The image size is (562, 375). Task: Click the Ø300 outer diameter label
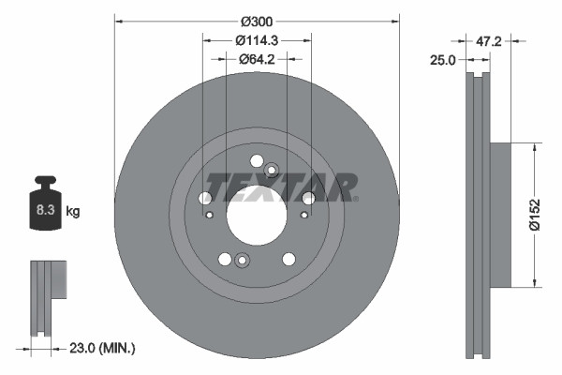tap(256, 21)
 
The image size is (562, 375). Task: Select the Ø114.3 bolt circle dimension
tap(256, 40)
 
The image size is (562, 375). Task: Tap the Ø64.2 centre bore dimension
tap(256, 59)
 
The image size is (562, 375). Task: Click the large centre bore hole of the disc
tap(256, 214)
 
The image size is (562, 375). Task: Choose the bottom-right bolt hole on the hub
tap(288, 259)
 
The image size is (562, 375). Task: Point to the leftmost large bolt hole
tap(205, 198)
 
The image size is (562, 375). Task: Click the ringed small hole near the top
tap(272, 170)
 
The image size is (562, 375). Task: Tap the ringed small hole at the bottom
tap(241, 261)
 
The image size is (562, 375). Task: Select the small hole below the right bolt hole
tap(302, 215)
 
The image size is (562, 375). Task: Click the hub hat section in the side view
tap(501, 214)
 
